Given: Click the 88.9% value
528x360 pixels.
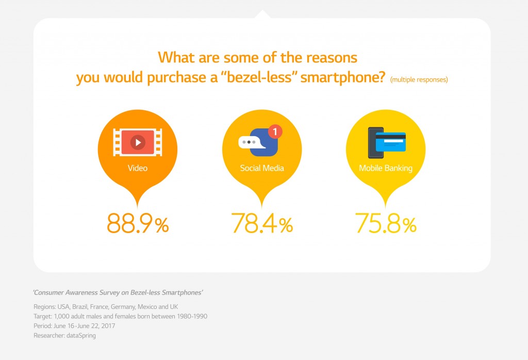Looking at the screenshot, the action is point(138,223).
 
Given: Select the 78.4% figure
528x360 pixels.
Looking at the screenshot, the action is point(262,223).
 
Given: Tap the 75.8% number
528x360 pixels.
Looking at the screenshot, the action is point(386,223).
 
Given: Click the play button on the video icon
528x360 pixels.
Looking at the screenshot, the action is point(138,142).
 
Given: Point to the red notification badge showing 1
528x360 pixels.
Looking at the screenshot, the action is point(275,132).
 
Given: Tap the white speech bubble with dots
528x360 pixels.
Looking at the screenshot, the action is point(252,142).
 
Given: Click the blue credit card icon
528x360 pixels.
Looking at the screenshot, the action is point(391,142).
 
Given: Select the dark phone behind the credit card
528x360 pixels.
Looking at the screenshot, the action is point(375,142).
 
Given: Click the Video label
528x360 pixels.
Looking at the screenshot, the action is point(137,168).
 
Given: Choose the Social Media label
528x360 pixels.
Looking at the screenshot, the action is point(262,168).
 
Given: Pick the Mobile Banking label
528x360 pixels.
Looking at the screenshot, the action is point(386,168).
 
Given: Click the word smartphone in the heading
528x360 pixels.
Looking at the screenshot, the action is point(342,77).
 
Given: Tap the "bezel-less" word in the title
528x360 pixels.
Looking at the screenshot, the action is point(259,77).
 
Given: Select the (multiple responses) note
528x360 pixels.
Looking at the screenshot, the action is point(419,79).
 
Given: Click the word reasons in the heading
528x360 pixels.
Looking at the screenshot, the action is point(332,58).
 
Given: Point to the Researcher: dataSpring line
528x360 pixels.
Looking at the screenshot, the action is point(64,335).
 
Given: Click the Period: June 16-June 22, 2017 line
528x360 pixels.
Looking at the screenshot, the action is point(74,326).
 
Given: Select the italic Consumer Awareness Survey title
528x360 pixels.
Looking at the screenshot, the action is point(118,292).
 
